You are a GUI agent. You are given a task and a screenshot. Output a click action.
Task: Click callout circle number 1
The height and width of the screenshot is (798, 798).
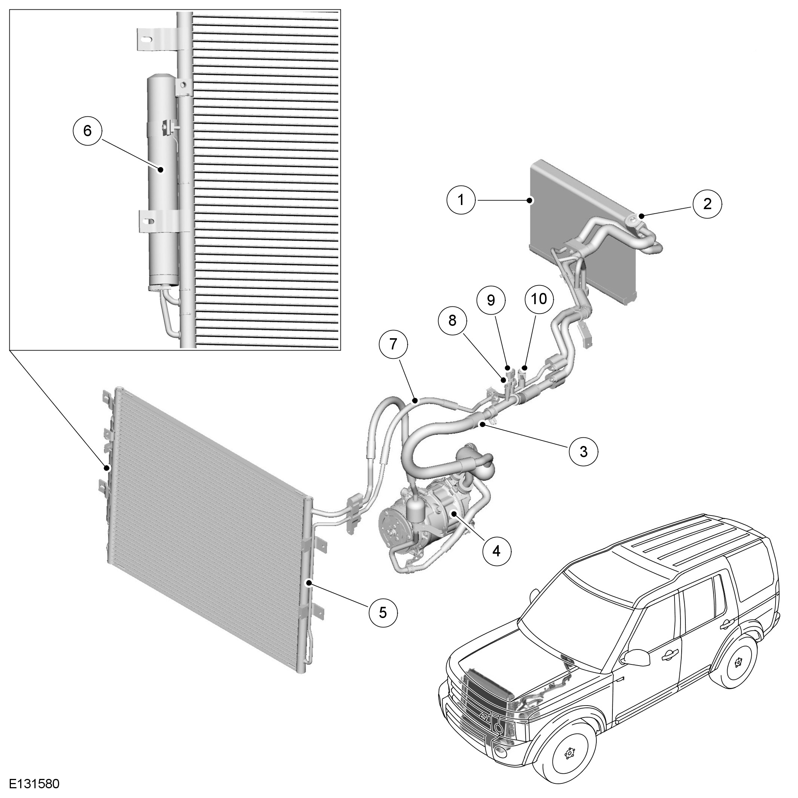pyautogui.click(x=461, y=200)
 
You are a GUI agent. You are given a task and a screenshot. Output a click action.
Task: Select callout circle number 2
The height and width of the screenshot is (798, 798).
pyautogui.click(x=707, y=204)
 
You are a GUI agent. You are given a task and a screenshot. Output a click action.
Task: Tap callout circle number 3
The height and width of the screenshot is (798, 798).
pyautogui.click(x=583, y=452)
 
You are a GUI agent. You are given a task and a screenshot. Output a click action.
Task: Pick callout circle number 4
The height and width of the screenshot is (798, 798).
pyautogui.click(x=496, y=550)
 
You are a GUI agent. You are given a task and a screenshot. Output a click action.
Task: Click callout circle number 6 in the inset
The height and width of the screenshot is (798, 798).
pyautogui.click(x=87, y=131)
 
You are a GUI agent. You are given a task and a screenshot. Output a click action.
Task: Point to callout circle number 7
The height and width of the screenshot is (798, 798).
pyautogui.click(x=393, y=344)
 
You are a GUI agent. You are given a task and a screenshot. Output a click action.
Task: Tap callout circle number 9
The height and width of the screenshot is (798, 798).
pyautogui.click(x=491, y=300)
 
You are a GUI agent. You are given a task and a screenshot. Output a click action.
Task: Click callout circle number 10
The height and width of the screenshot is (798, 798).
pyautogui.click(x=539, y=299)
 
